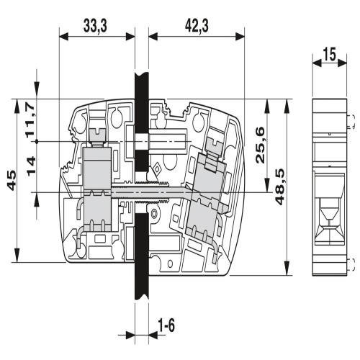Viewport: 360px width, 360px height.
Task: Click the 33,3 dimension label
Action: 95,26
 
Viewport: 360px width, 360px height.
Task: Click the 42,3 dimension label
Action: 197,26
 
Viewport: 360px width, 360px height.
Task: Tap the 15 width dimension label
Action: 330,54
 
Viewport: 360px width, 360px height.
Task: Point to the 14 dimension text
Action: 31,166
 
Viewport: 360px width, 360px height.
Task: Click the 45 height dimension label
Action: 12,180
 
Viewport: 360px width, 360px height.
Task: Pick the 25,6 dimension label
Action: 260,145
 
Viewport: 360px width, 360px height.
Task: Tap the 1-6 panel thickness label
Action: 166,325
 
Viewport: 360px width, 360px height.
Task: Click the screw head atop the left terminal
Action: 97,135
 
